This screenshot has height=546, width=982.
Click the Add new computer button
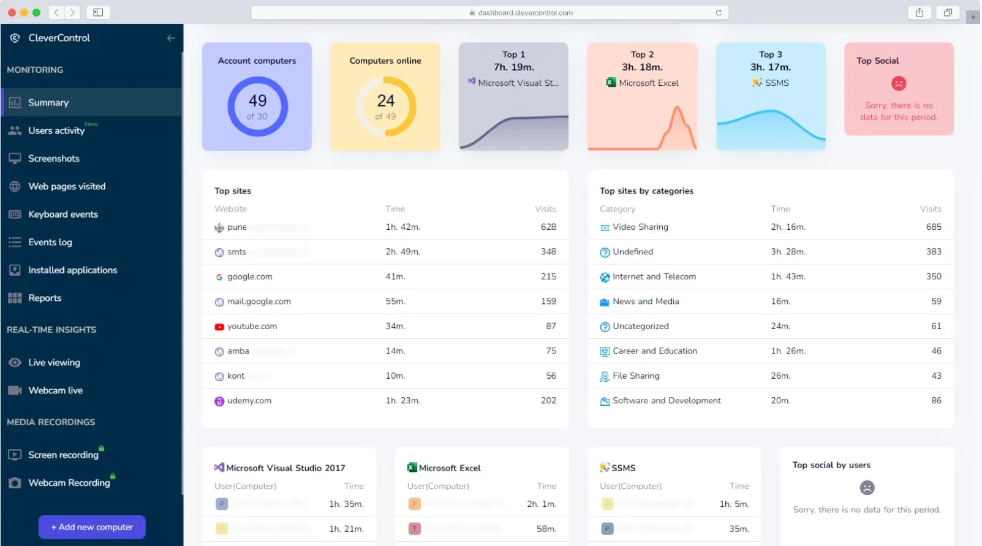coord(92,527)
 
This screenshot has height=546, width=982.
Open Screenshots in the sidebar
coord(54,159)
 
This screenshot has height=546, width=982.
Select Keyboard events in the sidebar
coord(62,214)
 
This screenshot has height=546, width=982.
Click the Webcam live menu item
coord(55,390)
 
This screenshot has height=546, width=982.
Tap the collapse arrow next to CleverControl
coord(171,38)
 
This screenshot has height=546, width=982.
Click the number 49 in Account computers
coord(257,100)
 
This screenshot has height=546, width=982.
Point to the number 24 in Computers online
coord(385,100)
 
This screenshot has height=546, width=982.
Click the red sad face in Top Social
coord(899,83)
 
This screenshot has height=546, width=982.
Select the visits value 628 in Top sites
coord(548,227)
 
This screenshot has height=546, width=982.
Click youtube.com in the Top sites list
coord(252,327)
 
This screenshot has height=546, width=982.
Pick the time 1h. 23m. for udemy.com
coord(402,401)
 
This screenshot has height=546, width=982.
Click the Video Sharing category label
coord(640,227)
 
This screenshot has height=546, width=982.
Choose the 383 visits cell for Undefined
coord(934,252)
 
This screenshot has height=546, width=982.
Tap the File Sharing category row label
coord(636,376)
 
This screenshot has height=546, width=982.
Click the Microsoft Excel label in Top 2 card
coord(648,83)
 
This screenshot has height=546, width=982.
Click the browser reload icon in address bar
coord(719,13)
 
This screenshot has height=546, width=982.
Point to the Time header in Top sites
coord(395,209)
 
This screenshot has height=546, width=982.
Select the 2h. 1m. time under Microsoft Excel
coord(541,504)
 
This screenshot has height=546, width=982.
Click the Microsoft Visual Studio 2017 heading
coord(285,468)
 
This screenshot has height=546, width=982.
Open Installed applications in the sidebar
coord(72,270)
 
